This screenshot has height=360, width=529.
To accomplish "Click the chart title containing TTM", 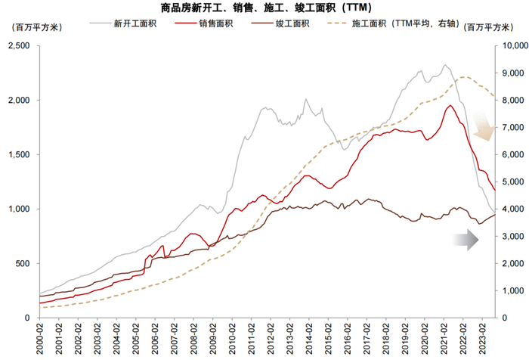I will point(265,8).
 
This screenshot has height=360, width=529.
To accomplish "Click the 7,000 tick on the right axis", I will point(512,128).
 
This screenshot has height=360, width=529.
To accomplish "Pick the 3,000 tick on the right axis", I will point(512,236).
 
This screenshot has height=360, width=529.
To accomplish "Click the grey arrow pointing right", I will point(466,240).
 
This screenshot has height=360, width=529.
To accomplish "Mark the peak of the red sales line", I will point(450,106).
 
